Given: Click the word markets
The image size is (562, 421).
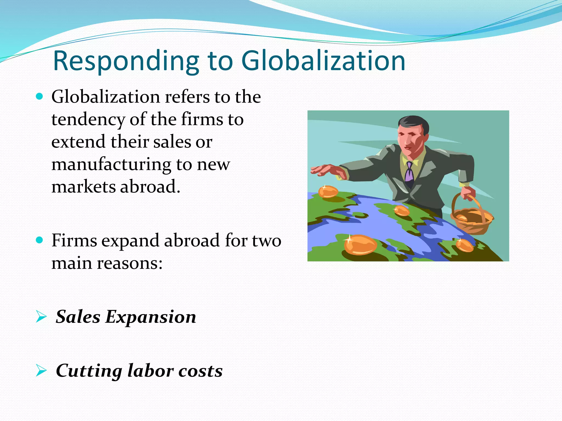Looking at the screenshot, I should click(83, 187).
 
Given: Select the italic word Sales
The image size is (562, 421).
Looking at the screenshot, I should click(78, 317).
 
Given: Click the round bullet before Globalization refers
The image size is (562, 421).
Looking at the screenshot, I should click(40, 96).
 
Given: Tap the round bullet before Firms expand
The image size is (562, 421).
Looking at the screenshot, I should click(40, 240).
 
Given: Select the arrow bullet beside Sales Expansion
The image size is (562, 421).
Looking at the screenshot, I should click(41, 317).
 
